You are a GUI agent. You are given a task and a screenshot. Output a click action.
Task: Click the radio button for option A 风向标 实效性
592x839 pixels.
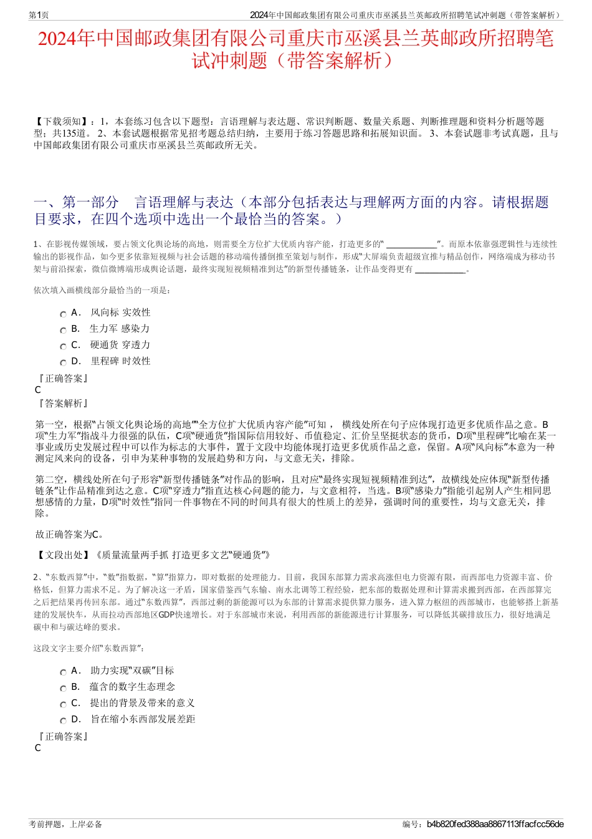click(63, 314)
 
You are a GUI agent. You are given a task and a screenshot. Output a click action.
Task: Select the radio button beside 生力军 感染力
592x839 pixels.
click(63, 331)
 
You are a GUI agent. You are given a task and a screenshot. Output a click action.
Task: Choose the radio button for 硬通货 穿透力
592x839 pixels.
click(63, 347)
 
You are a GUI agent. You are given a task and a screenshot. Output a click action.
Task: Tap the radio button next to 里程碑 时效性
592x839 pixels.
click(63, 363)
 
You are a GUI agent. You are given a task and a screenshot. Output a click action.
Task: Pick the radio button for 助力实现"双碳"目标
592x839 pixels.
click(63, 672)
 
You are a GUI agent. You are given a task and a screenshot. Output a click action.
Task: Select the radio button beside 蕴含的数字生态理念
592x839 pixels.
click(63, 689)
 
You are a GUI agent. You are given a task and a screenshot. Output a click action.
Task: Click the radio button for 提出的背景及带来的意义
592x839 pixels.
click(63, 705)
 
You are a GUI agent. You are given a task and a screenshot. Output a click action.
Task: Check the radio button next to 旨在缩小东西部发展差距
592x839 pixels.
click(63, 721)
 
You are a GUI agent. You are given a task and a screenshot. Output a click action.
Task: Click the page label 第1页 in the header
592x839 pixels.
click(39, 15)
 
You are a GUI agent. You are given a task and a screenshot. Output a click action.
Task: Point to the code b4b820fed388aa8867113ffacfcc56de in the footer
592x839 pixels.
click(495, 824)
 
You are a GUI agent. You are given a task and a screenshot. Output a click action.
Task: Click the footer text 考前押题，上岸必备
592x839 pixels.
click(65, 824)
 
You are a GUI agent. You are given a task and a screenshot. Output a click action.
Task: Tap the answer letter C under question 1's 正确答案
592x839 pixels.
click(38, 390)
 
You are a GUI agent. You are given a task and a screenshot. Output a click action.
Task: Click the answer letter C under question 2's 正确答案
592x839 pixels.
click(38, 748)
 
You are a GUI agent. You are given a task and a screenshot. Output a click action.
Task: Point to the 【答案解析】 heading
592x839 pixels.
click(62, 404)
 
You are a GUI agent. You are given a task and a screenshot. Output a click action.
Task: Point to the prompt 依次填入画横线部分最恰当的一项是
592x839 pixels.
click(102, 290)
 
